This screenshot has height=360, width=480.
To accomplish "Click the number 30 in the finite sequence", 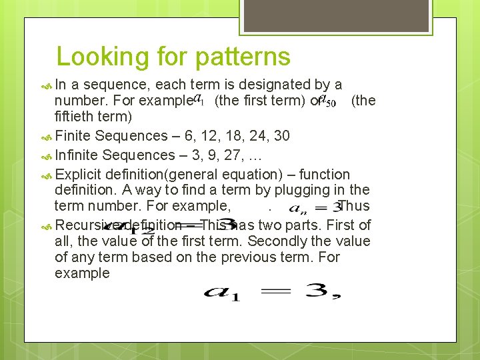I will pos(281,136).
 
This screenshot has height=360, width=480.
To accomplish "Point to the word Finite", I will pos(74,136).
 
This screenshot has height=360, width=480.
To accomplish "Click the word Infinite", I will pos(79,155).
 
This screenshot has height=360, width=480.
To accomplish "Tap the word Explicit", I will pos(79,175).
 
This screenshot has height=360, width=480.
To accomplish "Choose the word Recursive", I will pos(88,225).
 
